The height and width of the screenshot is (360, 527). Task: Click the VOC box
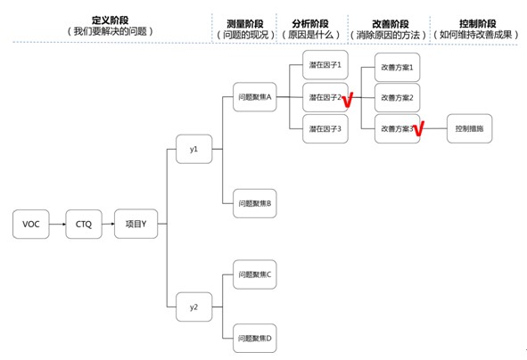coord(31,224)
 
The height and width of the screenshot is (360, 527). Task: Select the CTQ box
coord(84,224)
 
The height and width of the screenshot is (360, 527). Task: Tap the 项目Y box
coord(136,224)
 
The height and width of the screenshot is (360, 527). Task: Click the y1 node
coord(194,149)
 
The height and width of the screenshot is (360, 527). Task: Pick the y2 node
coord(194,307)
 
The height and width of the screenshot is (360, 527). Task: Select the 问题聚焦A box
coord(255,97)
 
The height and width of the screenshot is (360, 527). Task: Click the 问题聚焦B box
coord(255,203)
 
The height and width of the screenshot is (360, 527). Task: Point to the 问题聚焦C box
coord(255,274)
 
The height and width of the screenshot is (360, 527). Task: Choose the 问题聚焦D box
coord(255,339)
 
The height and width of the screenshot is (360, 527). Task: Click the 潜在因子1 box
coord(325,65)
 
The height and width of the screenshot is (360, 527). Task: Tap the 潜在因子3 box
coord(325,128)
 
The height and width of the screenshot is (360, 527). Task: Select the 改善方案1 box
coord(398,67)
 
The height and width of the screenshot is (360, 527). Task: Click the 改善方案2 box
coord(398,98)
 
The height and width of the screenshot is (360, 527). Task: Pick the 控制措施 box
coord(470,128)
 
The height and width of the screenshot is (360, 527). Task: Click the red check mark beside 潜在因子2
coord(348,100)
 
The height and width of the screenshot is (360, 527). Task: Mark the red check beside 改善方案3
coord(419,128)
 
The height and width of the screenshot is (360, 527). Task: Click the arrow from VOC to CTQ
coord(57,224)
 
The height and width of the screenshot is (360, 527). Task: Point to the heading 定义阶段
coord(111,20)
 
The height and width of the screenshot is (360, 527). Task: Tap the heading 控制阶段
coord(478,23)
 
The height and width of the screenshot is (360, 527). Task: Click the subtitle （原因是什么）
coord(310,35)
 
